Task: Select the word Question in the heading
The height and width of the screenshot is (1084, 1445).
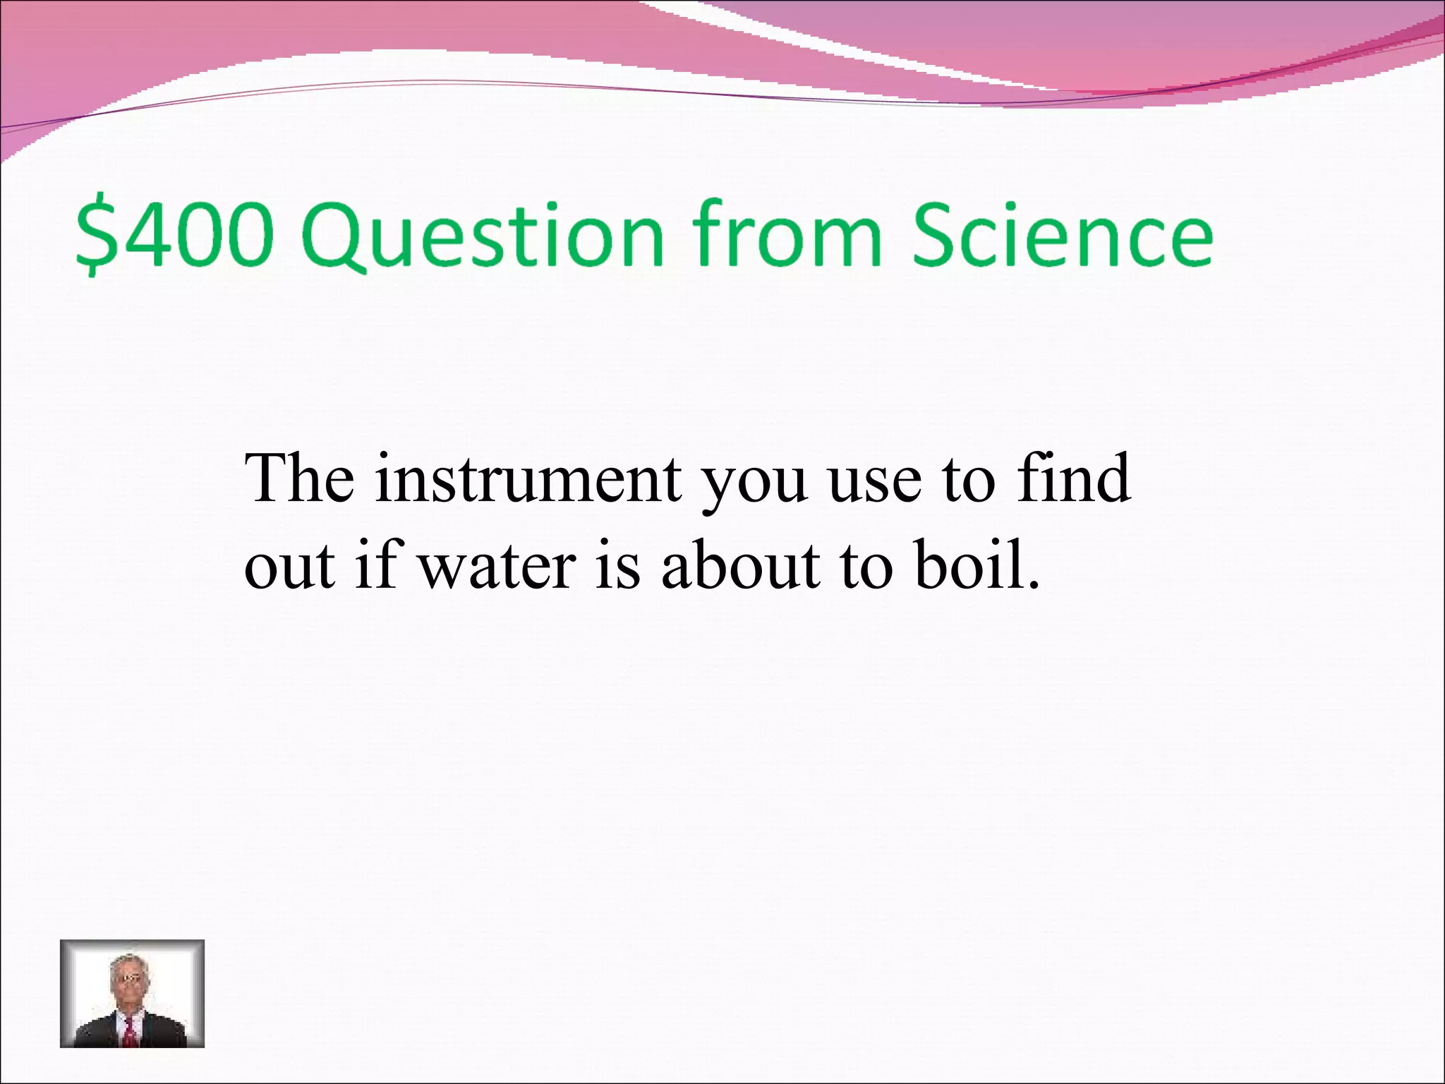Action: click(484, 236)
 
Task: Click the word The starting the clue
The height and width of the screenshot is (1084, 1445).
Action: click(300, 478)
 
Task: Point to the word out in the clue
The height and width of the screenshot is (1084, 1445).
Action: click(289, 568)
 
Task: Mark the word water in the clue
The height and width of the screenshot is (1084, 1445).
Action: click(498, 568)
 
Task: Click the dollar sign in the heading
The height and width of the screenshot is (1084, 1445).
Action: click(95, 236)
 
